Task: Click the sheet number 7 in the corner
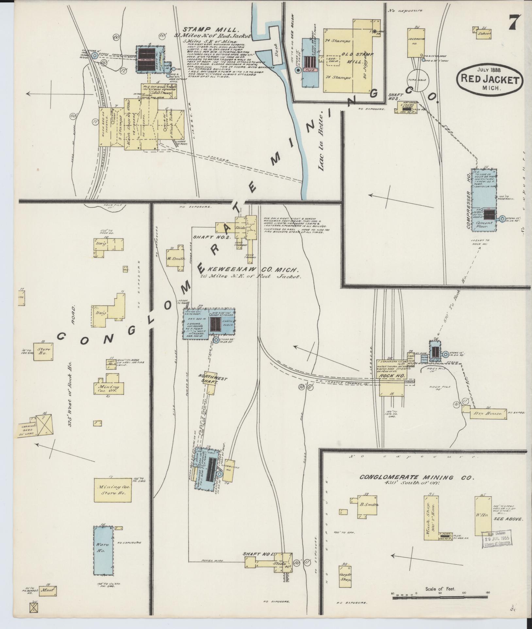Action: point(514,23)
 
